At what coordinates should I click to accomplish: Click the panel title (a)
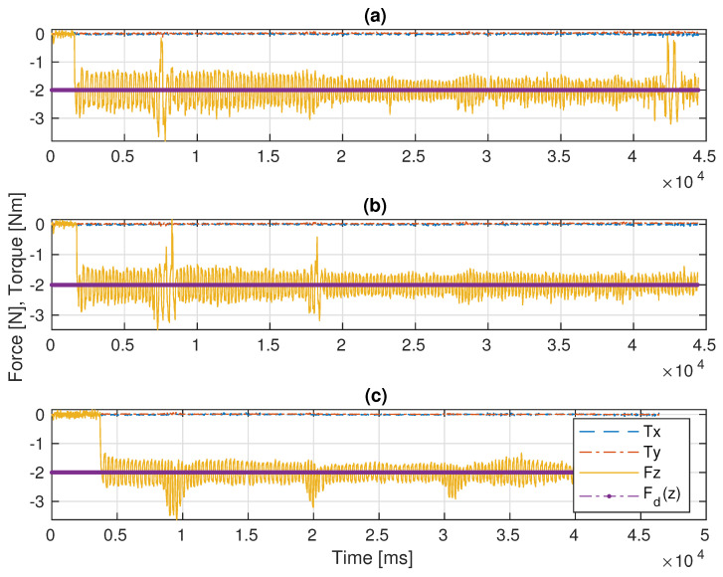[x=378, y=15]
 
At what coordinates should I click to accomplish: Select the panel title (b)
[x=378, y=207]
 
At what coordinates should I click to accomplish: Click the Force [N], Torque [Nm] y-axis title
[x=13, y=288]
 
